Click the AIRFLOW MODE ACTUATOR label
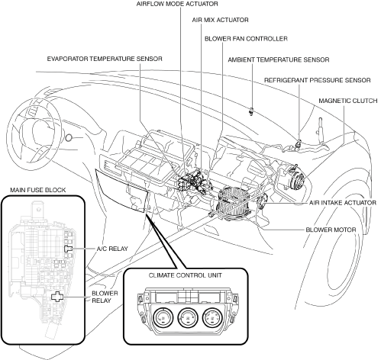pyautogui.click(x=177, y=4)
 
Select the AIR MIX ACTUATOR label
pyautogui.click(x=220, y=20)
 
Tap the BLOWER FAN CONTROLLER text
pyautogui.click(x=246, y=39)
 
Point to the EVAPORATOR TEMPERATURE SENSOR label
pyautogui.click(x=105, y=59)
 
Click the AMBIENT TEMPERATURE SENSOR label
pyautogui.click(x=279, y=59)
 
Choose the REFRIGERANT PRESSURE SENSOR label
pyautogui.click(x=317, y=80)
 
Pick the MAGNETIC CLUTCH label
pyautogui.click(x=348, y=101)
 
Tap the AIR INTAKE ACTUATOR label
pyautogui.click(x=343, y=203)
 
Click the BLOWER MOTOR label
pyautogui.click(x=331, y=230)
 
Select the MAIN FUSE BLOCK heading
pyautogui.click(x=38, y=190)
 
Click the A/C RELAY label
pyautogui.click(x=112, y=249)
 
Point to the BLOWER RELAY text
pyautogui.click(x=105, y=297)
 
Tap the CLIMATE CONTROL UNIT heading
pyautogui.click(x=185, y=275)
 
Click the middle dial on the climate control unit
pyautogui.click(x=188, y=318)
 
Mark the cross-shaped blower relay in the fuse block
pyautogui.click(x=57, y=297)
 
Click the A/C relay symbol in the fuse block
pyautogui.click(x=68, y=249)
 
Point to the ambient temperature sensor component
pyautogui.click(x=251, y=111)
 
